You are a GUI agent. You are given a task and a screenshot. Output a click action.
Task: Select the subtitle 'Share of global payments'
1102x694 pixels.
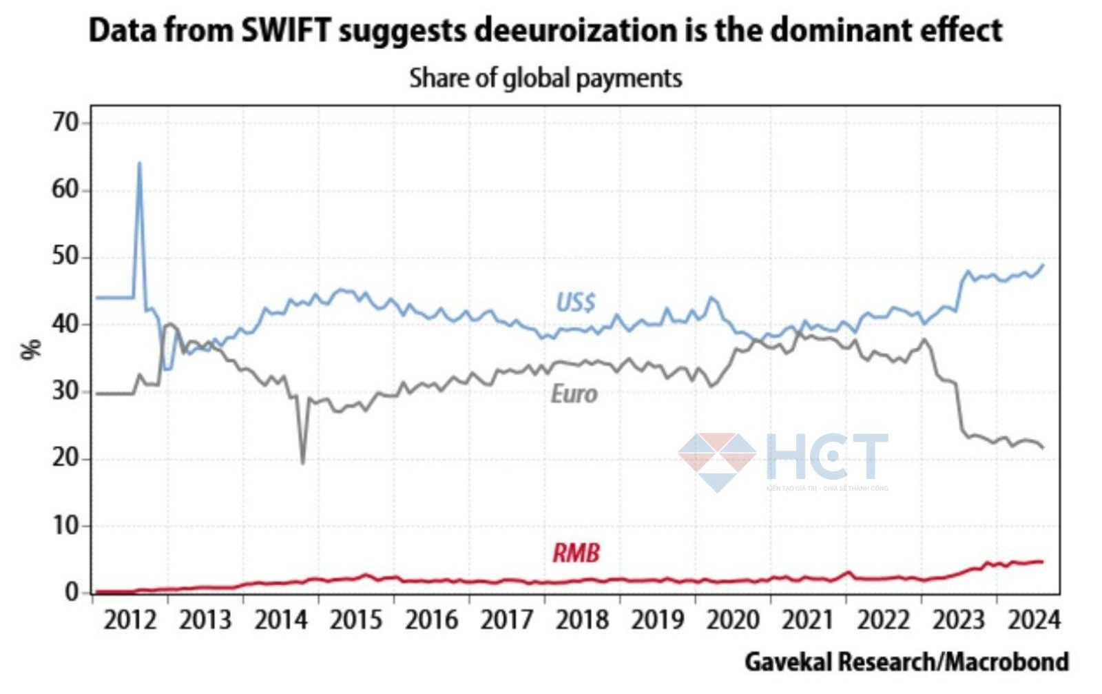545,78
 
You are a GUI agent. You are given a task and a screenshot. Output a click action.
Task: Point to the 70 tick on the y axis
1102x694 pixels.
66,123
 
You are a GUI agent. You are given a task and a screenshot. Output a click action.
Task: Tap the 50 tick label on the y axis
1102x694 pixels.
66,258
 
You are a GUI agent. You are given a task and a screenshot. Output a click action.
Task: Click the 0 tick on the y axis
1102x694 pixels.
73,592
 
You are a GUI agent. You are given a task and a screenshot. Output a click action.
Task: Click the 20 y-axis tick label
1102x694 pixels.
66,458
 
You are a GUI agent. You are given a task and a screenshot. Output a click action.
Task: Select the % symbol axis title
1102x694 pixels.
32,349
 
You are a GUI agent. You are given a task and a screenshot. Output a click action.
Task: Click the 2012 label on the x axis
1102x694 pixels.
131,620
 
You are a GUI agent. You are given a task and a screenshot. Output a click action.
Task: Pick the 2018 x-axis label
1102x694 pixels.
583,620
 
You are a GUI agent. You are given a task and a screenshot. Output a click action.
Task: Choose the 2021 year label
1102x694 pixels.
809,620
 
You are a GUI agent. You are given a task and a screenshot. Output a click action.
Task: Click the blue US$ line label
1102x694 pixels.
576,303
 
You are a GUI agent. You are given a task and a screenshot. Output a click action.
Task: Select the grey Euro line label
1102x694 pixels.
574,394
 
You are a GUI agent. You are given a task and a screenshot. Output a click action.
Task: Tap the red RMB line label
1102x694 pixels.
576,553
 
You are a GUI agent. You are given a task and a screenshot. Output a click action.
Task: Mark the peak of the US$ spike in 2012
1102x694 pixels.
139,163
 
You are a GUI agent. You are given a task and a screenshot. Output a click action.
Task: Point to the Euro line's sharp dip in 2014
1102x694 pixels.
302,463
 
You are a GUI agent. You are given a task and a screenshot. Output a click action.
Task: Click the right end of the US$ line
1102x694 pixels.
1043,265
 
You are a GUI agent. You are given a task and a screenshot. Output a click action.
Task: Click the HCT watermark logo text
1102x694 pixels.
826,456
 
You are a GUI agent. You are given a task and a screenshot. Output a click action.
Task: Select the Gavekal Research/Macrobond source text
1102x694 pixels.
906,662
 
